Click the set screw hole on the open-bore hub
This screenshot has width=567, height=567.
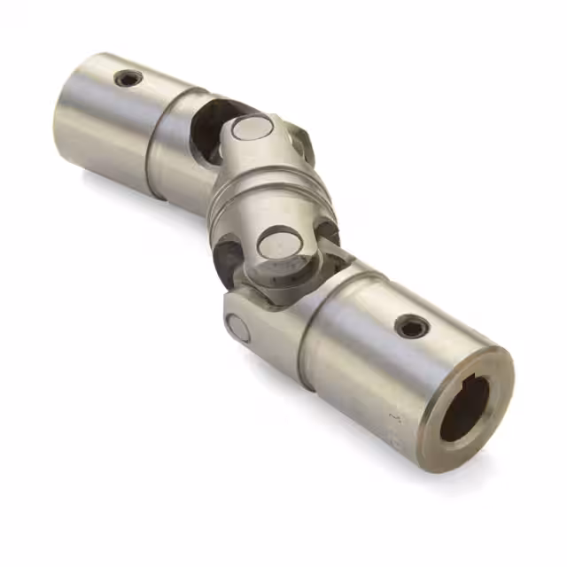412,327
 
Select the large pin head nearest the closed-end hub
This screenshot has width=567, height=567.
252,130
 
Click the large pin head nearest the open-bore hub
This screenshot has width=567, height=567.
279,244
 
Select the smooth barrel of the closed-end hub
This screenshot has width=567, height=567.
106,124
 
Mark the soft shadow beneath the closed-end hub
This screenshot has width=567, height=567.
115,190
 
